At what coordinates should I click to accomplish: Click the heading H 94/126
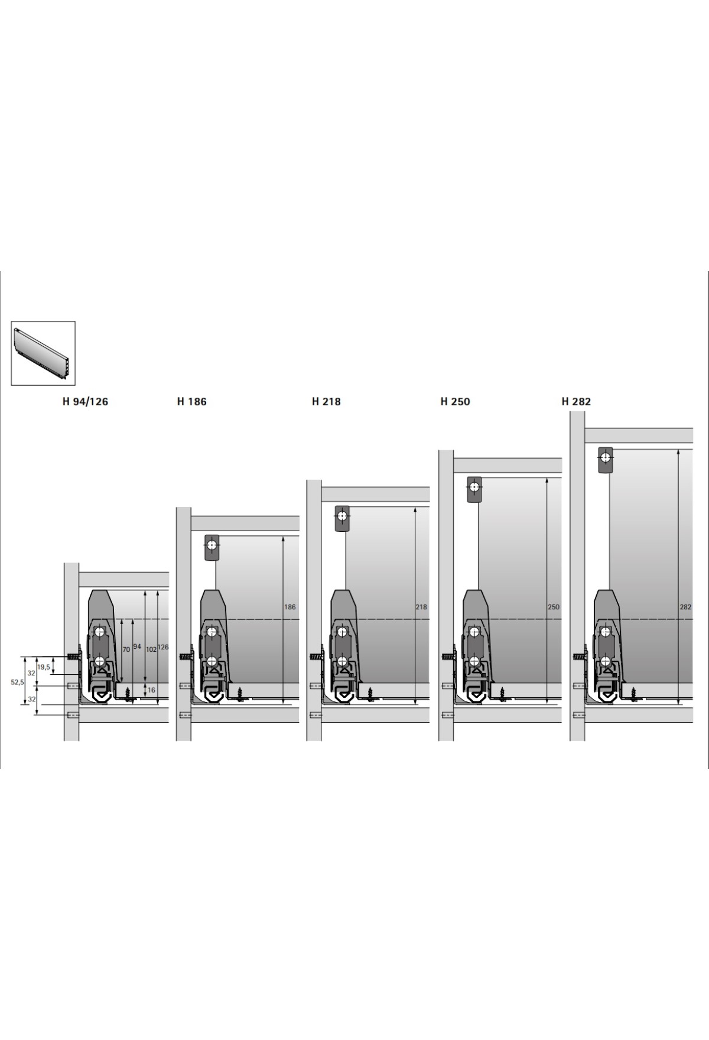(85, 401)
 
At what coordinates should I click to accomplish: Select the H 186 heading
(191, 401)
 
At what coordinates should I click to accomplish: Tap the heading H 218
(326, 401)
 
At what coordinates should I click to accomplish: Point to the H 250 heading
(455, 401)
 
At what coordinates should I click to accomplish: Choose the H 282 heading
(576, 401)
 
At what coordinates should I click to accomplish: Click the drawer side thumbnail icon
(43, 353)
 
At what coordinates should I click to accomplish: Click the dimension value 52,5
(17, 682)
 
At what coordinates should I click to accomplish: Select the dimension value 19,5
(43, 667)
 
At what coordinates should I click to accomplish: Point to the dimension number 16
(151, 690)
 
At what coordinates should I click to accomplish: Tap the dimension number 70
(126, 649)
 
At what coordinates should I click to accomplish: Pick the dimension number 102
(151, 649)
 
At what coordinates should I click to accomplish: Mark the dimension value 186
(290, 607)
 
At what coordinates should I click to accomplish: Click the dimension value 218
(421, 607)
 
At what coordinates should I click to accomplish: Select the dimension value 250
(553, 607)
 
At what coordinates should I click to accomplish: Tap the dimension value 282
(685, 607)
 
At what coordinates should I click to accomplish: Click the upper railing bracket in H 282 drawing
(606, 460)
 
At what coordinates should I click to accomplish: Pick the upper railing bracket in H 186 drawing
(212, 547)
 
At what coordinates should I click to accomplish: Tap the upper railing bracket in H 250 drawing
(474, 489)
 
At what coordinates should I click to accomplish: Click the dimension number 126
(164, 647)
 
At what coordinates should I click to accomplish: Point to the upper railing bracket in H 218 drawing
(342, 519)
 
